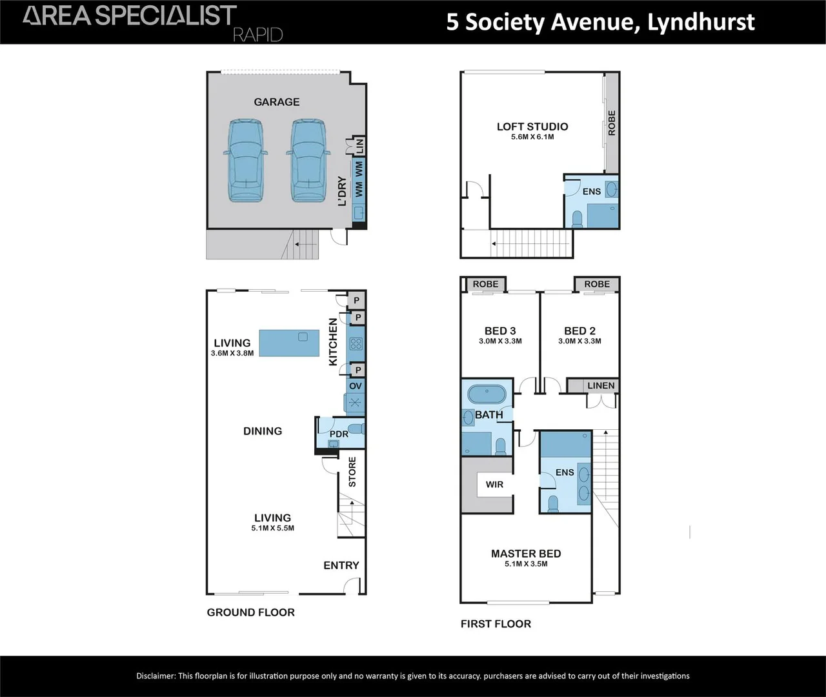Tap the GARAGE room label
(x=277, y=102)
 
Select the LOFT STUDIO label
(x=532, y=126)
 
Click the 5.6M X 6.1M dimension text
(x=532, y=137)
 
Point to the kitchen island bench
(x=289, y=343)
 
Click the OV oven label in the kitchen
(x=356, y=386)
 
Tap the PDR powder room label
(x=339, y=434)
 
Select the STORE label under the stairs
(x=352, y=472)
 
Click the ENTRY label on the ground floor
(x=341, y=565)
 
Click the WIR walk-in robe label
(x=494, y=485)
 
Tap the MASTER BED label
(x=526, y=554)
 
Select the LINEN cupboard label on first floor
(x=601, y=386)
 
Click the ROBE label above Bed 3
(x=485, y=284)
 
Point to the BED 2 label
(x=579, y=331)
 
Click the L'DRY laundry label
(x=342, y=192)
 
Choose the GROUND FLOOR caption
(x=250, y=612)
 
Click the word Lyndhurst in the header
(x=701, y=22)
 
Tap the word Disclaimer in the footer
(x=156, y=676)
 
